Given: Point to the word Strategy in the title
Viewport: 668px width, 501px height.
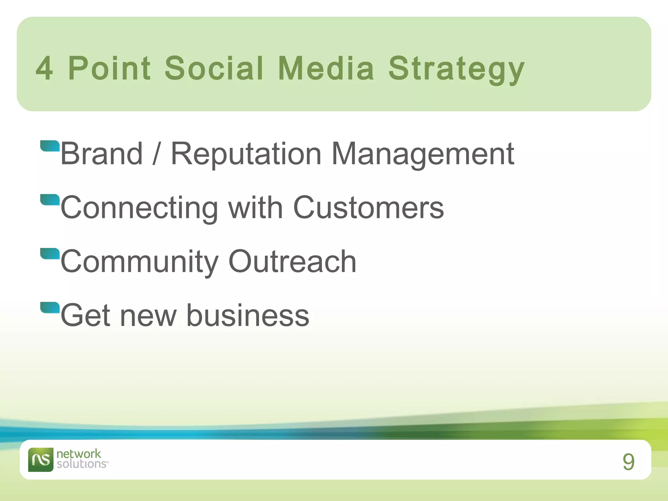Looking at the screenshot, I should click(456, 70).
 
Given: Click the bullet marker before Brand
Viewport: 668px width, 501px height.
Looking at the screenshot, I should click(50, 146).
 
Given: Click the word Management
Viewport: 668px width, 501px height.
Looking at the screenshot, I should click(422, 154).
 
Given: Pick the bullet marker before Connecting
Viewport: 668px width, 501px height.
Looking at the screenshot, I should click(50, 200).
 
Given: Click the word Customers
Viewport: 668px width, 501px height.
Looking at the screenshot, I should click(368, 208).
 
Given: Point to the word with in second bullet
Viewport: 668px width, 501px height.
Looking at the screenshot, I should click(255, 208).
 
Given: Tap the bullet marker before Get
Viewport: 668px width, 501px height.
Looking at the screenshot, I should click(50, 308).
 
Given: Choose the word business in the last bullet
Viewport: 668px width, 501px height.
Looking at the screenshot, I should click(248, 315).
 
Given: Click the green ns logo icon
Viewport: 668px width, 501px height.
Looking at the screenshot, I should click(40, 460).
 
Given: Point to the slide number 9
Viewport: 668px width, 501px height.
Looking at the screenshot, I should click(628, 462).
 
